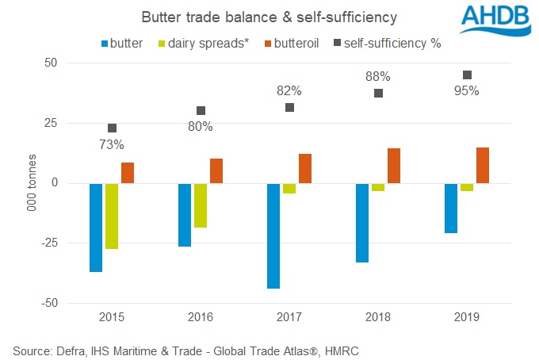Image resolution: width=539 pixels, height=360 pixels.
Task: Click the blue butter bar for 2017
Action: tap(273, 236)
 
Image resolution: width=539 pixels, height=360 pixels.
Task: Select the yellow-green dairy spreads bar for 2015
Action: tap(112, 216)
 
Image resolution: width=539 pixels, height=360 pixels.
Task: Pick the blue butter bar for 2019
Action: tap(451, 208)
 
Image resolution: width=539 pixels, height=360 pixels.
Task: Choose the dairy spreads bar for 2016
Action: tap(201, 205)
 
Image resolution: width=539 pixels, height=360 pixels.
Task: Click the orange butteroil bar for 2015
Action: tap(128, 173)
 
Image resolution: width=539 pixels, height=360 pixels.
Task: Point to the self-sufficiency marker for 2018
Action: tap(378, 93)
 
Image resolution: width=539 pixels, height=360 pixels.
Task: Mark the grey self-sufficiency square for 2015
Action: tap(112, 128)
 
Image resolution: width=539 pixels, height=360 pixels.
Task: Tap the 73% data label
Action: tap(112, 144)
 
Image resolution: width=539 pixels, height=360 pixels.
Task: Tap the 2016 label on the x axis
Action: tap(201, 317)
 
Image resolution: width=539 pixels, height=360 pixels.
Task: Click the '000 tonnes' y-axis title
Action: tap(32, 183)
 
